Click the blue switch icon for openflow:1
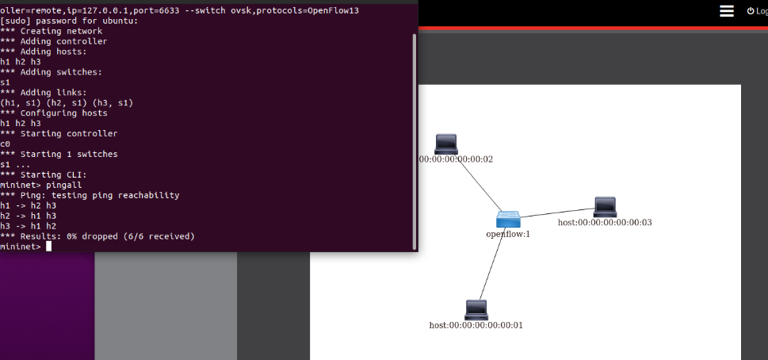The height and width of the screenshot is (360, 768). pos(508,220)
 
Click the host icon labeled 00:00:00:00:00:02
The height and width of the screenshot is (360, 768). pos(446,144)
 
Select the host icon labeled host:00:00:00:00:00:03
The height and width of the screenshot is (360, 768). pos(605,206)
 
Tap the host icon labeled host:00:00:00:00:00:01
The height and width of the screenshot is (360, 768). pos(476,309)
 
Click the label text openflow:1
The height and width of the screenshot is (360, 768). pos(508,234)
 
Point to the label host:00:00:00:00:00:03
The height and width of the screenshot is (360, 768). pos(605,223)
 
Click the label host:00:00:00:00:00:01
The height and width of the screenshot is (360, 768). pos(476,325)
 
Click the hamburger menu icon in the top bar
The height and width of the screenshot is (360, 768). pos(727,10)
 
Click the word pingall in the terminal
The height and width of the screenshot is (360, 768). pos(64,185)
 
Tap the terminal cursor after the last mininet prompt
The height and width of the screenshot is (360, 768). pos(48,247)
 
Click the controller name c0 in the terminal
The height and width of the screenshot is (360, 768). pos(6,144)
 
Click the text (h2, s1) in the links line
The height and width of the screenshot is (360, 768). pos(69,102)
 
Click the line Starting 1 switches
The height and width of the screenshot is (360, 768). pos(59,154)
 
